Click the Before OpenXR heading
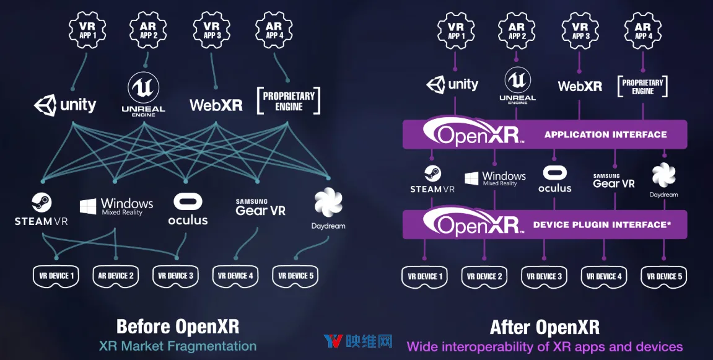coord(177,327)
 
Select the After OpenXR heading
coord(545,327)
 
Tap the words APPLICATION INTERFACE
coord(606,134)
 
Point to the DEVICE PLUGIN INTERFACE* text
coord(602,224)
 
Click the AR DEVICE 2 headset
coord(115,276)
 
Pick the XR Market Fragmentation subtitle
coord(178,346)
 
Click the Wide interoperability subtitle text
coord(545,347)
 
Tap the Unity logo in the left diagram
coord(65,105)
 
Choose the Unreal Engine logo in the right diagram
coord(517,86)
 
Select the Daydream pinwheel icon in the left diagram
coord(328,203)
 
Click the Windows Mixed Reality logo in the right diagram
coord(495,178)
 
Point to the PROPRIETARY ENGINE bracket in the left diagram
coord(289,100)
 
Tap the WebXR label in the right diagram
coord(580,86)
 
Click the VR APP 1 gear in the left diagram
coord(87,30)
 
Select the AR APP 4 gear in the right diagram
coord(643,30)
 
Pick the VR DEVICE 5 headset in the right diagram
coord(664,277)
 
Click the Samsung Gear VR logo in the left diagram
coord(260,207)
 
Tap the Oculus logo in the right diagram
coord(555,179)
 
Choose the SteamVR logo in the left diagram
coord(42,209)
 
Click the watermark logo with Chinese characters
coord(358,341)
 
